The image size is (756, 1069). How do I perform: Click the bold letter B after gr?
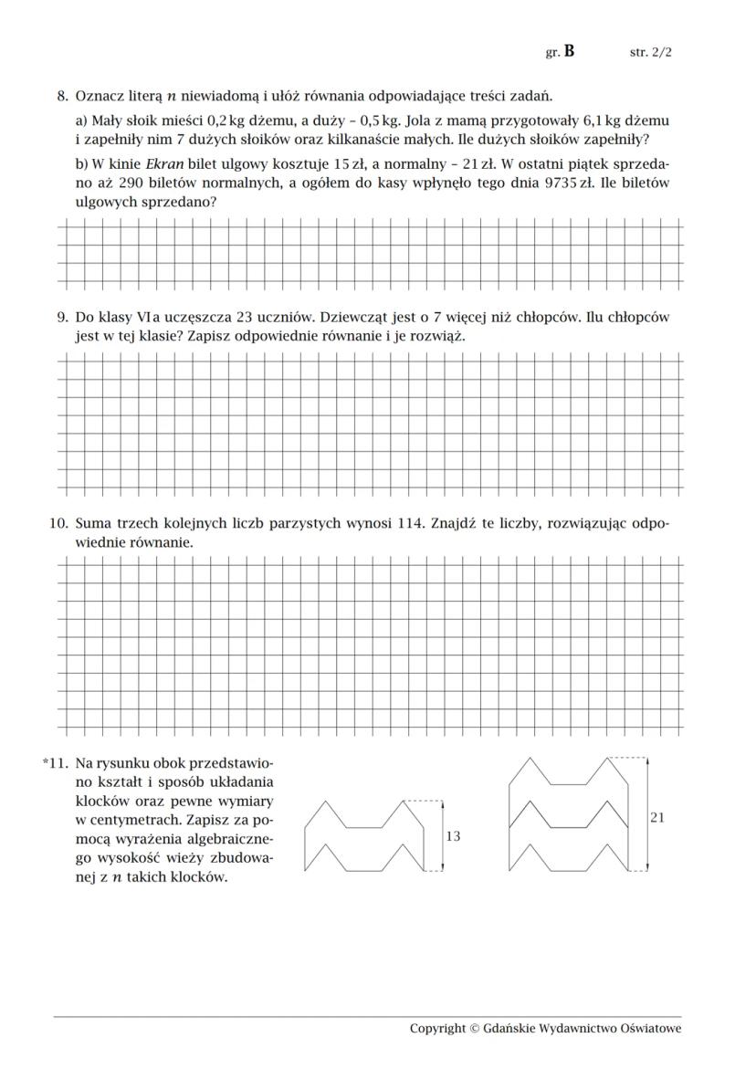569,52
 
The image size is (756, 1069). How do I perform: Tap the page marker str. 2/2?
651,53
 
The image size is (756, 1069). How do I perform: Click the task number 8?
62,95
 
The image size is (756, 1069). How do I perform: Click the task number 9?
62,318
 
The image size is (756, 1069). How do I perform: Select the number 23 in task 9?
244,318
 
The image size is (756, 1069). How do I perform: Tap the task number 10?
58,524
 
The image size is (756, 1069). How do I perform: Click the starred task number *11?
56,761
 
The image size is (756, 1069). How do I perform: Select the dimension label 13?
453,836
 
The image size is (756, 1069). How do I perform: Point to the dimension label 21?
657,818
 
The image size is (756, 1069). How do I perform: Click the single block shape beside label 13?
363,835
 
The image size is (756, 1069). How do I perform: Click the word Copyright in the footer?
437,1029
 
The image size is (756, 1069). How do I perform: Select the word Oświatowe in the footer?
649,1029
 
